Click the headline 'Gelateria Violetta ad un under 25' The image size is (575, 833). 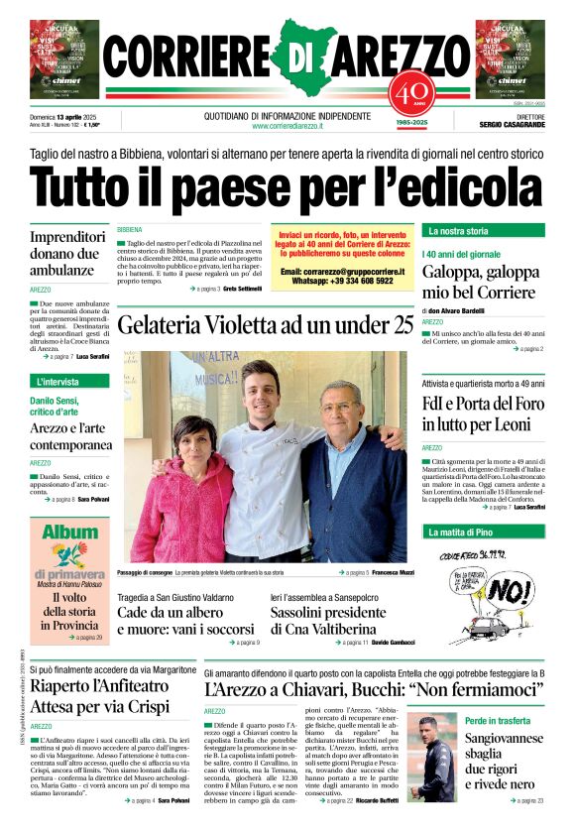point(265,324)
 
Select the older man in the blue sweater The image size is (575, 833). point(353,476)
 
